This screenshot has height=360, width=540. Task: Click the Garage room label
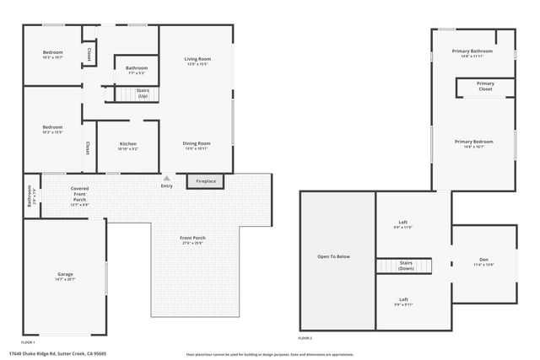click(65, 277)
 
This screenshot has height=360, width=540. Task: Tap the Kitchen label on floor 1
click(127, 146)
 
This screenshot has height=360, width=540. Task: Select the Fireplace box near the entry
click(206, 181)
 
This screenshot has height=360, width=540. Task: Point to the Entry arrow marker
click(167, 178)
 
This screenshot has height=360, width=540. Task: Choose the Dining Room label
click(196, 145)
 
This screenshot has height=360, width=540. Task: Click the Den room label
click(483, 262)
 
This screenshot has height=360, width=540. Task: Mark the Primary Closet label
click(485, 86)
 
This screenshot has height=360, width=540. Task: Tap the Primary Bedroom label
click(473, 143)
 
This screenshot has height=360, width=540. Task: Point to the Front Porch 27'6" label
click(192, 241)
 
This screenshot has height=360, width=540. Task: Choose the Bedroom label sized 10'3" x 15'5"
click(52, 129)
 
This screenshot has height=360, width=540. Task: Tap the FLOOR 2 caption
click(305, 337)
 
